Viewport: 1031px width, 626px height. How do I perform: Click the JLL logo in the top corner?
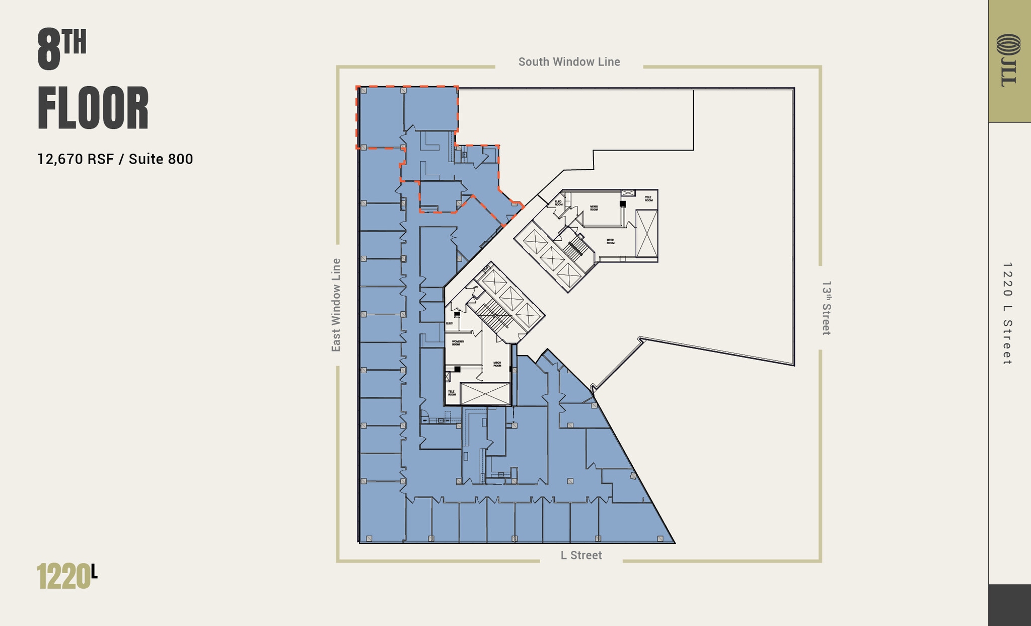coord(1008,60)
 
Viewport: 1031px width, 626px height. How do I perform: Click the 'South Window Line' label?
coord(569,62)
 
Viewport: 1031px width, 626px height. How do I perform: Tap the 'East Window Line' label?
coord(336,305)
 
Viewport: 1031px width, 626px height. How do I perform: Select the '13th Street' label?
coord(826,308)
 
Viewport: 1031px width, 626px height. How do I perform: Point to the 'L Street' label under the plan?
coord(581,555)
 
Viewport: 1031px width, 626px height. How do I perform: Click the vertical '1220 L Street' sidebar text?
coord(1007,313)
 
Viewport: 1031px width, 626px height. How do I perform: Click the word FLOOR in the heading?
coord(93,109)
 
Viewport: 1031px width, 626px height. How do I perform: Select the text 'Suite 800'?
coord(161,159)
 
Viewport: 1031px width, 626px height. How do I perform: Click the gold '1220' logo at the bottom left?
coord(63,577)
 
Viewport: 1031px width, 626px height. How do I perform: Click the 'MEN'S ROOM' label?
coord(594,207)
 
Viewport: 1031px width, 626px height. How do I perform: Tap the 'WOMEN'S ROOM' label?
coord(458,342)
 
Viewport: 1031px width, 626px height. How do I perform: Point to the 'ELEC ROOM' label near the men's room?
coord(558,203)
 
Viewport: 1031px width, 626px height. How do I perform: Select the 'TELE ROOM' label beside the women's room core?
coord(452,393)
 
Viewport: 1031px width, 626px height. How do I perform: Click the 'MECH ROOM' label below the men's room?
coord(610,242)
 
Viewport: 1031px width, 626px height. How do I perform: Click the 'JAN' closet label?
coord(475,287)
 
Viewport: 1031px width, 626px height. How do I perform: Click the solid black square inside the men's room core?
coord(623,204)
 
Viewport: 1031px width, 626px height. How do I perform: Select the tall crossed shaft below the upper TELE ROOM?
coord(646,234)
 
